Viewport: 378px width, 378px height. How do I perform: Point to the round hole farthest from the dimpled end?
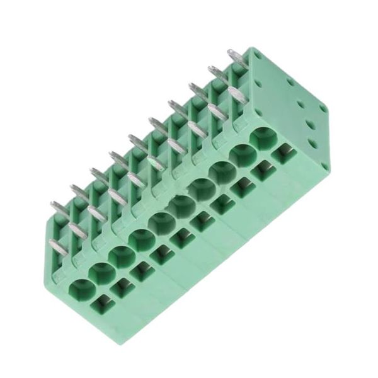click(81, 290)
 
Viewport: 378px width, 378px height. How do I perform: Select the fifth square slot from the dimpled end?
click(203, 220)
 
